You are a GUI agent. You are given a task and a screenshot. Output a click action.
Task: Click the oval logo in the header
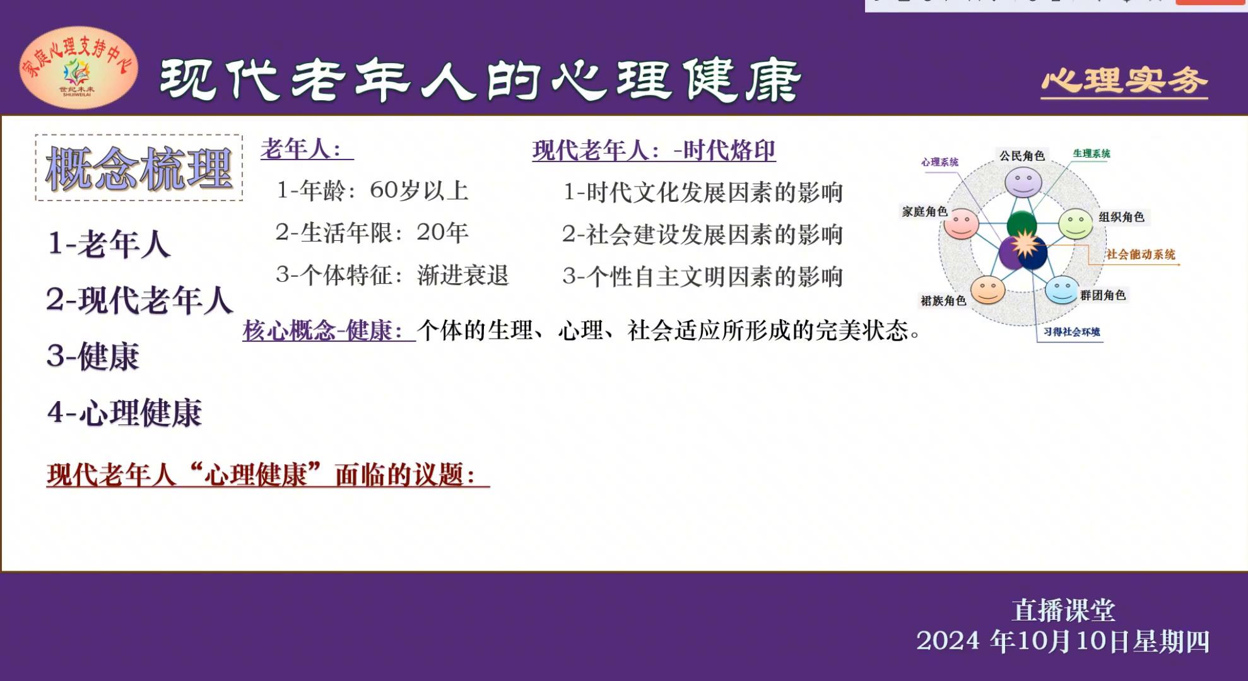pyautogui.click(x=79, y=67)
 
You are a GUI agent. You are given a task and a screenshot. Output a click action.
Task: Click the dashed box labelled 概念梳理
pyautogui.click(x=139, y=168)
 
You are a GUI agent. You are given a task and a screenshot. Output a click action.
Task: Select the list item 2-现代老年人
pyautogui.click(x=139, y=300)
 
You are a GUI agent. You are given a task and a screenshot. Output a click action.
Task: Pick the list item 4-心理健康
pyautogui.click(x=125, y=413)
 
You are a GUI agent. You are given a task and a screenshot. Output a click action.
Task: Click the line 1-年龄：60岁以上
pyautogui.click(x=372, y=190)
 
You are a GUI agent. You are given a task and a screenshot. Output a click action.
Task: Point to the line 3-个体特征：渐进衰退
pyautogui.click(x=392, y=275)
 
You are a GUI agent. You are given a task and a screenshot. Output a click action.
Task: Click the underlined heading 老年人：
pyautogui.click(x=307, y=149)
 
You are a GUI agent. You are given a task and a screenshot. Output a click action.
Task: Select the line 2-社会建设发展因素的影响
pyautogui.click(x=702, y=235)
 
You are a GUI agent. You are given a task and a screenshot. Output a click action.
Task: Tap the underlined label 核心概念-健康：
pyautogui.click(x=329, y=330)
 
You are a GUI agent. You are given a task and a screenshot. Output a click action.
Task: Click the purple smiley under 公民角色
pyautogui.click(x=1023, y=182)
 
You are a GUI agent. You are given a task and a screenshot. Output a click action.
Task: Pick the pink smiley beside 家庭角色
pyautogui.click(x=961, y=223)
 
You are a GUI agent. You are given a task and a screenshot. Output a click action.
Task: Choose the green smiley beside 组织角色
pyautogui.click(x=1075, y=223)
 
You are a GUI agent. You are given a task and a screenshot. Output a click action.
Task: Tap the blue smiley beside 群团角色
pyautogui.click(x=1062, y=289)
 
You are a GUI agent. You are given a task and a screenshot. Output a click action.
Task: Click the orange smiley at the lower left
pyautogui.click(x=987, y=289)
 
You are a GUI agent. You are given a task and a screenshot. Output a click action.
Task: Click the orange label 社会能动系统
pyautogui.click(x=1141, y=255)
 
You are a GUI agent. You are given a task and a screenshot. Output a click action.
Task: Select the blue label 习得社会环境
pyautogui.click(x=1071, y=332)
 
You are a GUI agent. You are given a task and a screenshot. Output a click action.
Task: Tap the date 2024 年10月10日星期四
pyautogui.click(x=1063, y=641)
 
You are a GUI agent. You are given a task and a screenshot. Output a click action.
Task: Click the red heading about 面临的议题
pyautogui.click(x=268, y=474)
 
